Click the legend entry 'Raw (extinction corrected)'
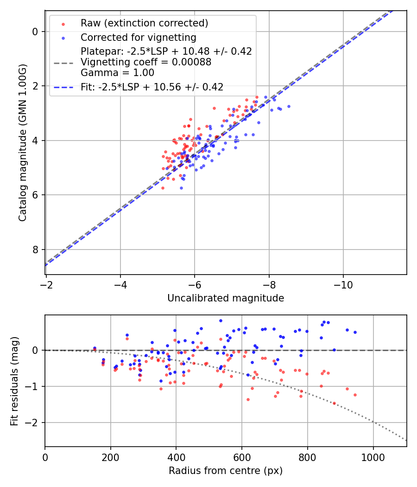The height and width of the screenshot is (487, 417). (144, 23)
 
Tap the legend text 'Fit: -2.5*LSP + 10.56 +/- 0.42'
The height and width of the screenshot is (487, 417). (152, 87)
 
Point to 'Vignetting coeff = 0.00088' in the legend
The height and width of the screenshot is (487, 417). (146, 62)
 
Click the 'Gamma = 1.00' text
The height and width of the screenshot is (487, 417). (117, 73)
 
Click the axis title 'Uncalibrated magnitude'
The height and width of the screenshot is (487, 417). (226, 298)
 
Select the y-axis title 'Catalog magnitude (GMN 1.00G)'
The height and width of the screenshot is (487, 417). (23, 142)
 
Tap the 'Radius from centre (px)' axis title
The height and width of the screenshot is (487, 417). (226, 471)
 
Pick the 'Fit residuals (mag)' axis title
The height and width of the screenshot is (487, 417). (14, 381)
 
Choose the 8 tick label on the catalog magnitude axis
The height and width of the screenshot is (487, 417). (35, 250)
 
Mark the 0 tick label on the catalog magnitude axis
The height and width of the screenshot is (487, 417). (35, 32)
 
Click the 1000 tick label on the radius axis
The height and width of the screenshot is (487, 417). (373, 457)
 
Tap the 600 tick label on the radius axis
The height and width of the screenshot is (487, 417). (242, 457)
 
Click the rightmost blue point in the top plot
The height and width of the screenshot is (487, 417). (289, 106)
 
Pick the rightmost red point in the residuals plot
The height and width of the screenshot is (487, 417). (355, 395)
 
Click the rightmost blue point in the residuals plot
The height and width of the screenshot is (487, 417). (355, 332)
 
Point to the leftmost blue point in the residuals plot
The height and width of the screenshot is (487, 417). (95, 348)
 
